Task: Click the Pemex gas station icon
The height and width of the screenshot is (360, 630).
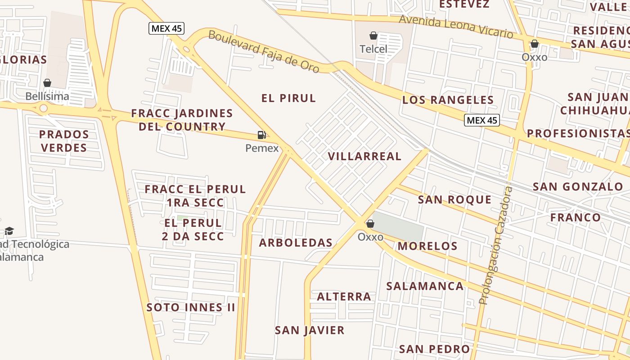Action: click(x=261, y=135)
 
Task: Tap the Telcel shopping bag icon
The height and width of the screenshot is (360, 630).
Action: click(x=373, y=36)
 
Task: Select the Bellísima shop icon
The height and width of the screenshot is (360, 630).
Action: click(x=47, y=83)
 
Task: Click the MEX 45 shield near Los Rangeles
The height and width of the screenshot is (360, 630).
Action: click(x=482, y=120)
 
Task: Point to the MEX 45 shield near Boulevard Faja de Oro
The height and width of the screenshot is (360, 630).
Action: click(x=166, y=28)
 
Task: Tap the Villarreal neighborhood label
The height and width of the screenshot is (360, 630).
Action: click(x=364, y=156)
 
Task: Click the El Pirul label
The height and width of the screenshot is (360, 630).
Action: click(x=288, y=98)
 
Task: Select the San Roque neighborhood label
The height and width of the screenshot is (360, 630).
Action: click(x=454, y=199)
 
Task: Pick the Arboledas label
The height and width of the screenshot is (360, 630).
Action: click(x=296, y=243)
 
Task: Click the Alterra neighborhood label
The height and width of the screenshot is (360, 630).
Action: click(x=344, y=297)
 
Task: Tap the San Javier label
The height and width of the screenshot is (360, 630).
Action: click(x=310, y=330)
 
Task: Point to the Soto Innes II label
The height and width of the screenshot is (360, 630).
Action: click(x=191, y=307)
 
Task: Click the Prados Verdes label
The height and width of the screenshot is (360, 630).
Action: click(x=63, y=141)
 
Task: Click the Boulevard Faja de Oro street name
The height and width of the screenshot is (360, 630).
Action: click(x=264, y=51)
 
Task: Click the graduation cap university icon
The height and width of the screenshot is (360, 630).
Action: click(x=9, y=231)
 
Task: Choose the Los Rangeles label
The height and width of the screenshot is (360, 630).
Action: click(x=448, y=100)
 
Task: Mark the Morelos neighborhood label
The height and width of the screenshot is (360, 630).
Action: click(x=427, y=246)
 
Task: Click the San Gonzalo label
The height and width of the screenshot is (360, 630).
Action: click(x=578, y=186)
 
